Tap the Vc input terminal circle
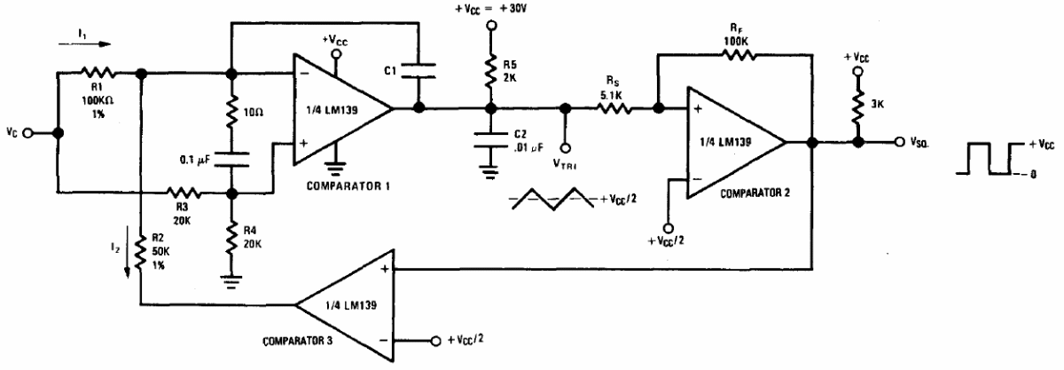tap(28, 133)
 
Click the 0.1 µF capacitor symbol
tap(231, 159)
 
